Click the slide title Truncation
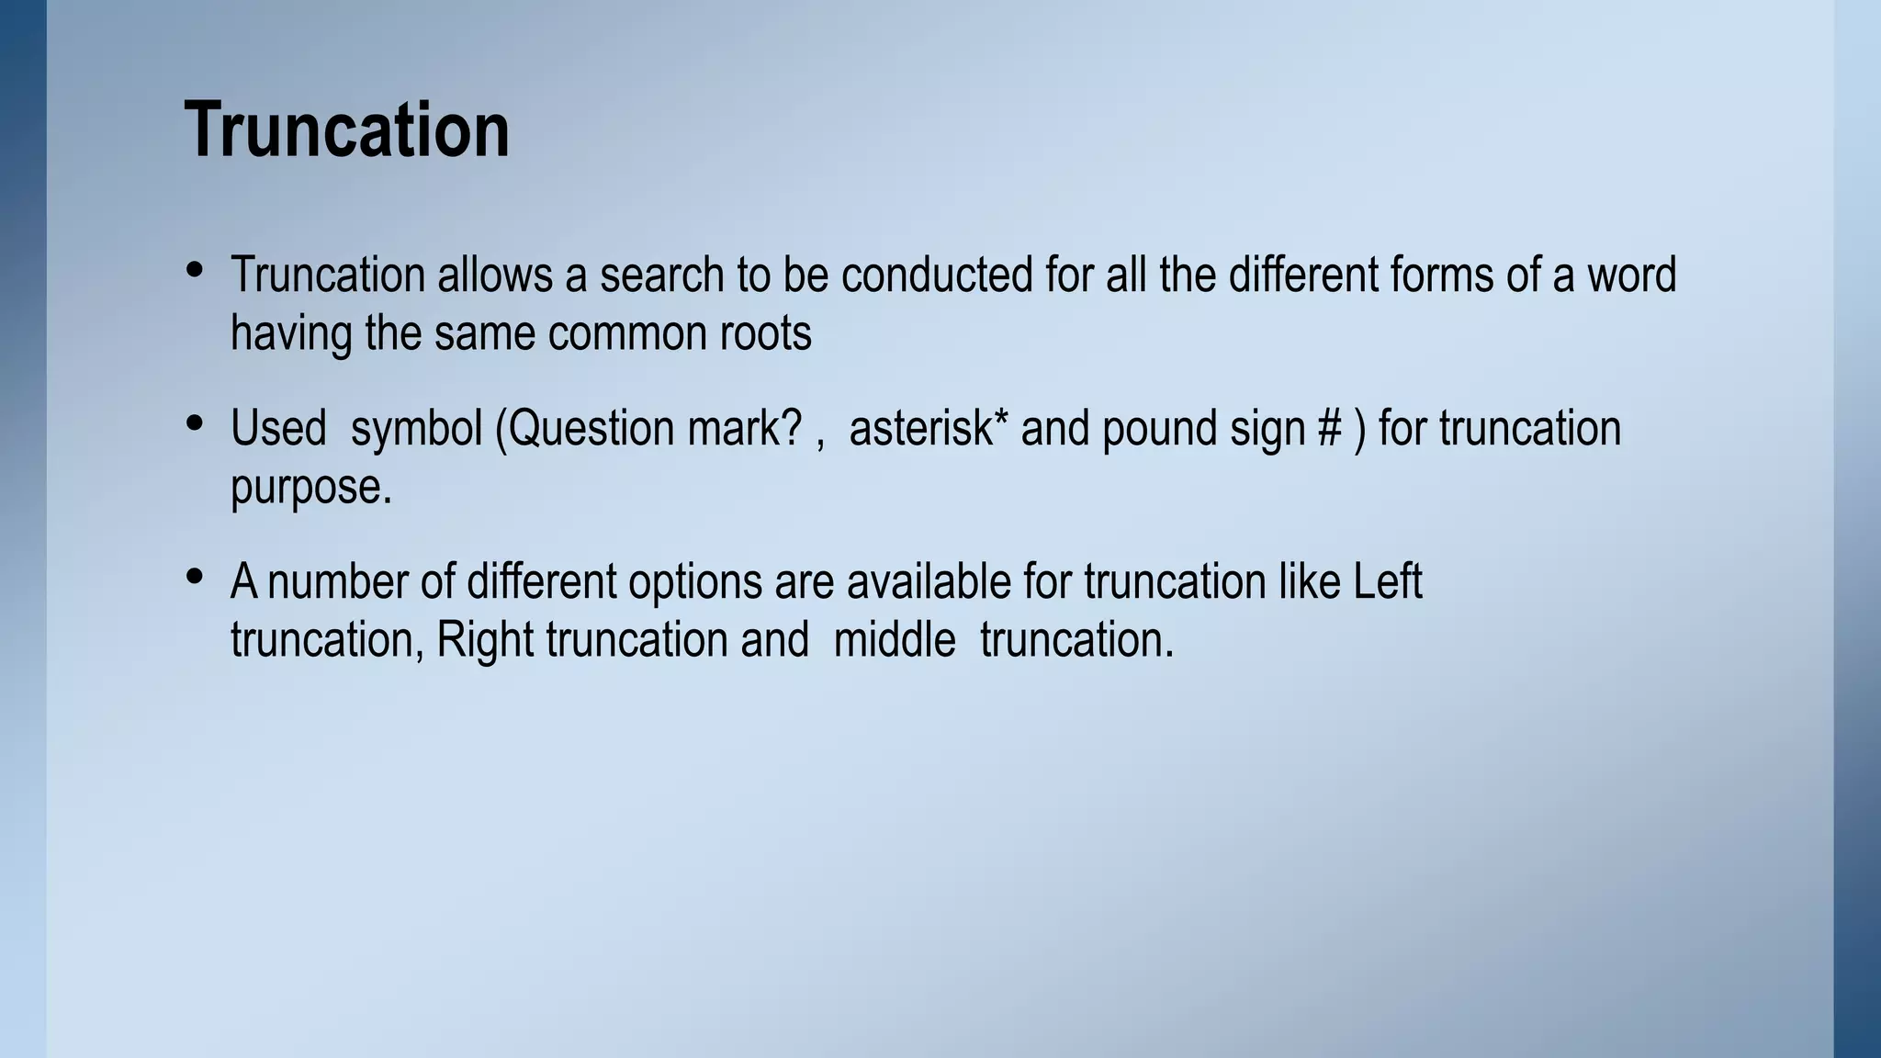pyautogui.click(x=346, y=130)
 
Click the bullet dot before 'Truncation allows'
pyautogui.click(x=194, y=269)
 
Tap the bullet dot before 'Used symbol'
pyautogui.click(x=194, y=422)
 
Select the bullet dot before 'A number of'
pyautogui.click(x=194, y=576)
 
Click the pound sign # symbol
pyautogui.click(x=1329, y=429)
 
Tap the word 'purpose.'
pyautogui.click(x=310, y=487)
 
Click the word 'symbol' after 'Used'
pyautogui.click(x=416, y=429)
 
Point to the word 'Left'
pyautogui.click(x=1388, y=582)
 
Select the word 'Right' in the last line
pyautogui.click(x=484, y=640)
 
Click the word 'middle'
pyautogui.click(x=894, y=640)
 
